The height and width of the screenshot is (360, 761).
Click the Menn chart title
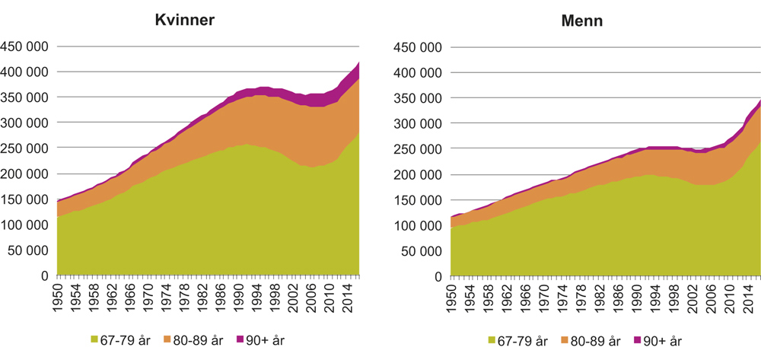tap(583, 21)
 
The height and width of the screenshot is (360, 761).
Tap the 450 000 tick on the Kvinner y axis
tap(25, 46)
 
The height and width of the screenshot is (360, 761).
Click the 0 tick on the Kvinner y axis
tap(45, 276)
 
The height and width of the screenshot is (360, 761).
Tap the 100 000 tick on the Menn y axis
tap(419, 225)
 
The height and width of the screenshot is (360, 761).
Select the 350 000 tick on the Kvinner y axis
tap(25, 97)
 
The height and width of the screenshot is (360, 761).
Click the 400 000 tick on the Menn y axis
tap(419, 72)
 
